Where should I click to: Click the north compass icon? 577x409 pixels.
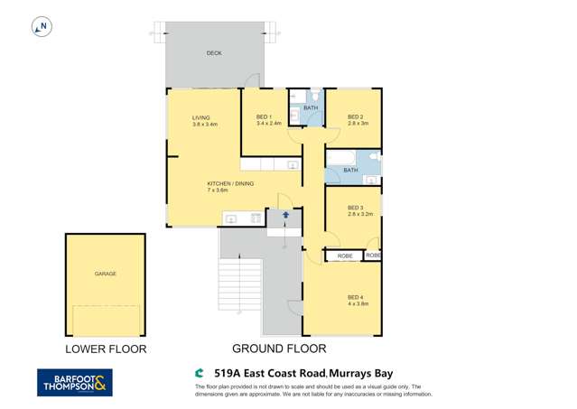40,28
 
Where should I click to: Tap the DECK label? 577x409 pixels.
214,53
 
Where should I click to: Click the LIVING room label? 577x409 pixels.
200,117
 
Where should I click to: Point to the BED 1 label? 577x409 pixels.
265,116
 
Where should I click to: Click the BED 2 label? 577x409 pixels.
355,116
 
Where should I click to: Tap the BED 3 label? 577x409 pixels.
355,208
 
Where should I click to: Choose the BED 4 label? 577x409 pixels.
355,297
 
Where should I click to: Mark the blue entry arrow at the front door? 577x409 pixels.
286,215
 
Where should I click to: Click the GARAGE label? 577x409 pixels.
106,274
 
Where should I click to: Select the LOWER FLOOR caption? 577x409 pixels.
105,349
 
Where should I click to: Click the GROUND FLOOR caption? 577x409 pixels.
279,348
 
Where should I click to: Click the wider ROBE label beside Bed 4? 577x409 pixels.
345,256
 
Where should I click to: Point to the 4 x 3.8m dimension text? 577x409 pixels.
358,304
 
